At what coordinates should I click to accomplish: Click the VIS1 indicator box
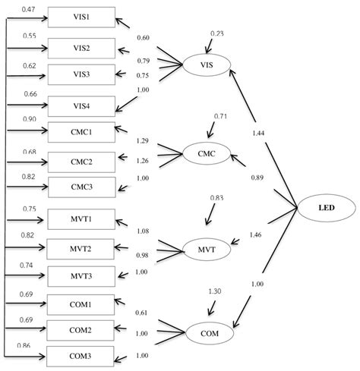point(81,17)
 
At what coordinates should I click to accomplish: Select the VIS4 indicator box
point(81,105)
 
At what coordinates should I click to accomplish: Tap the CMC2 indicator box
point(81,161)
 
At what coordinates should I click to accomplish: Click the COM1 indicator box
point(81,304)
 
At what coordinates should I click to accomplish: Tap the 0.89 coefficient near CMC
point(257,178)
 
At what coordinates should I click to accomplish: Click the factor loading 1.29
point(142,141)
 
